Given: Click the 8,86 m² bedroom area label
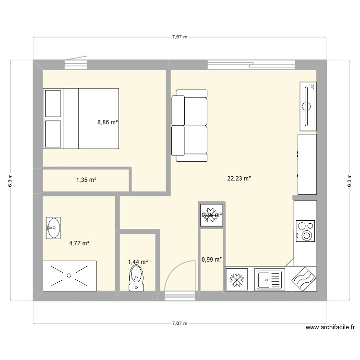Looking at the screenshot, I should (x=108, y=122).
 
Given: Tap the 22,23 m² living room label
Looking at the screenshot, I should (x=239, y=179).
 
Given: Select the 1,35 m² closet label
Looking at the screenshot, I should (x=86, y=180).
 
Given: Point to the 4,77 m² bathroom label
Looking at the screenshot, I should (x=79, y=243).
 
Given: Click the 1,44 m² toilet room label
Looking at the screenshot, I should (x=137, y=262).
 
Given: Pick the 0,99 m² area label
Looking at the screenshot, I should (x=212, y=260).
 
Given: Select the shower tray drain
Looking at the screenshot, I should (x=70, y=276).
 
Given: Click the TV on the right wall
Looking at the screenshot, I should (x=308, y=106).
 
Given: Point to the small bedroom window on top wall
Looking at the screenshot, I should (x=76, y=62).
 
